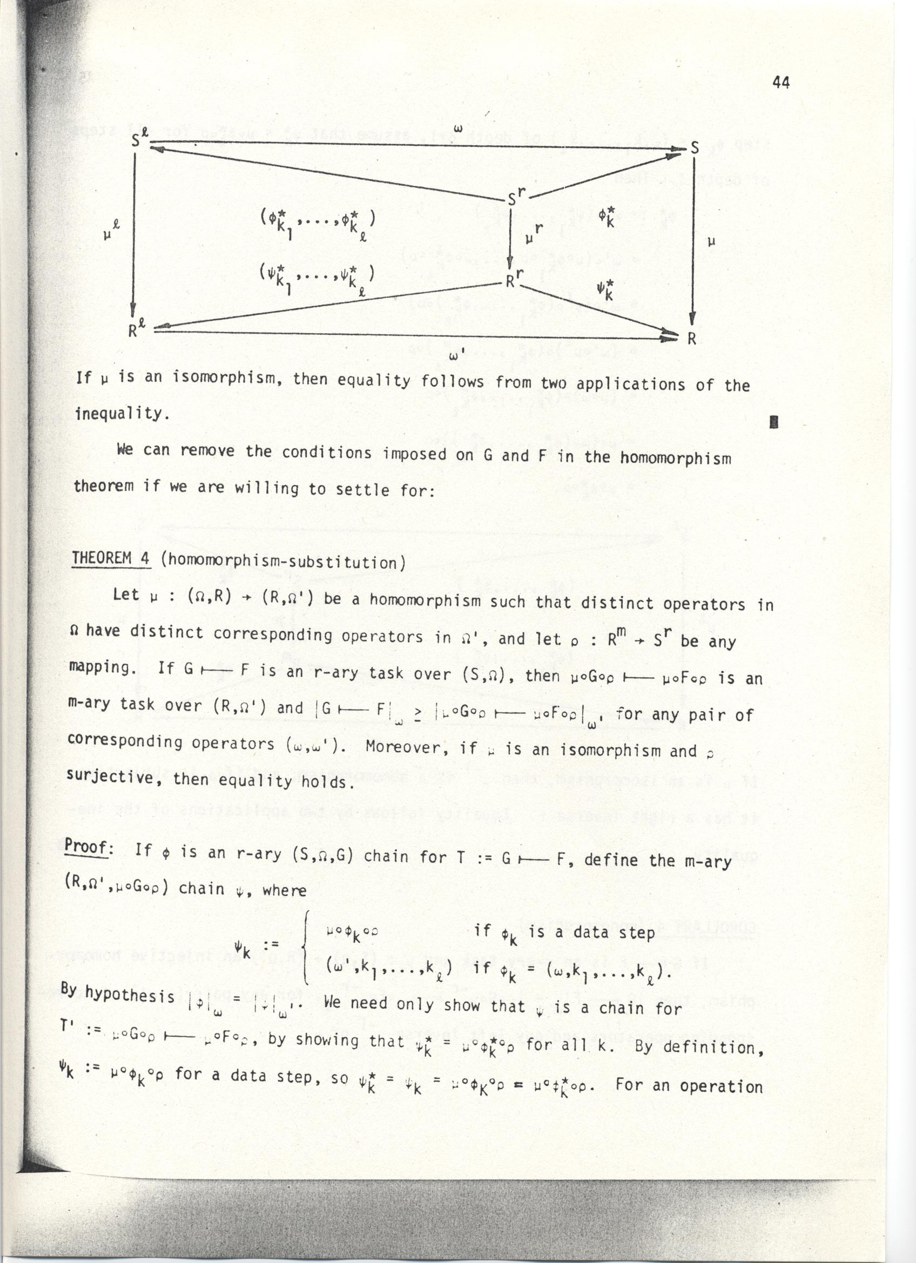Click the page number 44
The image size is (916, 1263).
click(780, 83)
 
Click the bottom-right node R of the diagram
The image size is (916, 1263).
click(692, 338)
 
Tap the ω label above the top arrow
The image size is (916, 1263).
click(461, 129)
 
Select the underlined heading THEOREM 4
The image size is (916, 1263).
click(111, 558)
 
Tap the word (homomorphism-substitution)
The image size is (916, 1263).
click(283, 561)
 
